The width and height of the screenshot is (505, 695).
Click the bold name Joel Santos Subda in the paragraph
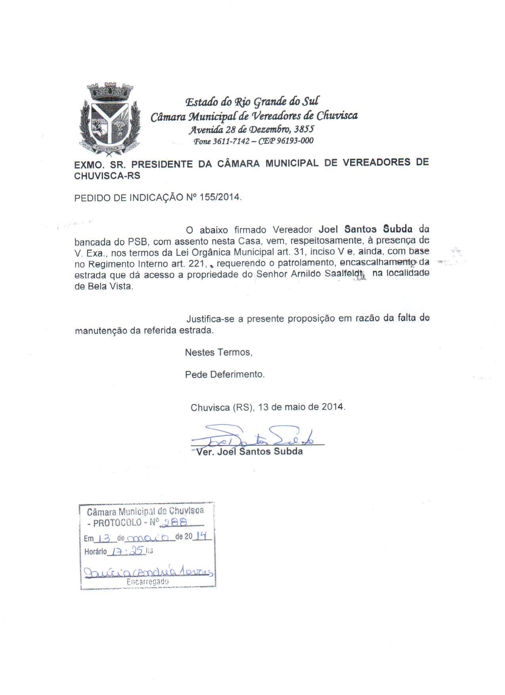pos(366,229)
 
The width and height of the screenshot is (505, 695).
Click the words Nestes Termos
pos(218,352)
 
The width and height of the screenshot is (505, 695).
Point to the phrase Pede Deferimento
pos(225,374)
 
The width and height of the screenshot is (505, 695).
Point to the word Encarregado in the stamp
pos(147,582)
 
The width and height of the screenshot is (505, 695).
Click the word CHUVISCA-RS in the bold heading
pos(107,175)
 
